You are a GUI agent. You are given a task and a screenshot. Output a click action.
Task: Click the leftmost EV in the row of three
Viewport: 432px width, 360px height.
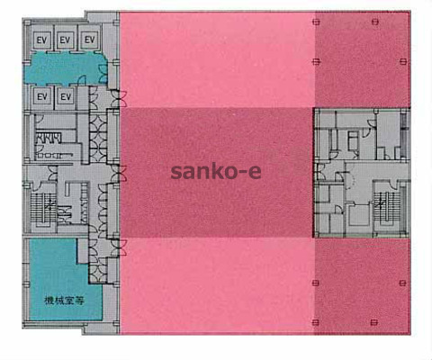pos(41,40)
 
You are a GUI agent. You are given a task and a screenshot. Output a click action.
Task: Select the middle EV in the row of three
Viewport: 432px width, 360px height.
pos(65,40)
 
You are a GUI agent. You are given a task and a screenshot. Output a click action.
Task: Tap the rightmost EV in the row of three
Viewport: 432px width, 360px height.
pos(89,40)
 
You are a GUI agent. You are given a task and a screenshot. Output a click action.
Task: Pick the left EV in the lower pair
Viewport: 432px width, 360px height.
pos(42,97)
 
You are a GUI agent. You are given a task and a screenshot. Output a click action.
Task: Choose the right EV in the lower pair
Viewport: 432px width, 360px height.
pos(66,97)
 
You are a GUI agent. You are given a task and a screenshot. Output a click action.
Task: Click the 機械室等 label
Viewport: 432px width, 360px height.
pos(64,301)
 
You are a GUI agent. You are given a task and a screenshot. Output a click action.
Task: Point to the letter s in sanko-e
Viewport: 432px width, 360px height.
pos(176,173)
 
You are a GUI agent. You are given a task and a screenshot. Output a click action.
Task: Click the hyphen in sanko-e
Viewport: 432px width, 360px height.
pos(242,173)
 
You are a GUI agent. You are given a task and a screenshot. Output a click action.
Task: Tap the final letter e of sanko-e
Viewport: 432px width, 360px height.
pos(255,173)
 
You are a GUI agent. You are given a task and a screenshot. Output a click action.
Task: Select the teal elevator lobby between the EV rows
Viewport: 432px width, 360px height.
pos(65,68)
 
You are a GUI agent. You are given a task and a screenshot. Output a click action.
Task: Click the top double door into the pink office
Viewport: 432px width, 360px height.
pos(120,99)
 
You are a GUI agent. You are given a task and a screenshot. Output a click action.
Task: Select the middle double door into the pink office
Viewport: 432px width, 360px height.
pos(120,174)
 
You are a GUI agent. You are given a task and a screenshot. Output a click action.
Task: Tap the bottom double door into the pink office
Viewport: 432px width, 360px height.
pos(120,247)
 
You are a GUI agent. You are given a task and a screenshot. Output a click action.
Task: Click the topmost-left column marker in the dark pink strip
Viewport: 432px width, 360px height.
pos(316,22)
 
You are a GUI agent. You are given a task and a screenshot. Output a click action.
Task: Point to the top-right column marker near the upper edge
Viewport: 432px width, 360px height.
pos(375,22)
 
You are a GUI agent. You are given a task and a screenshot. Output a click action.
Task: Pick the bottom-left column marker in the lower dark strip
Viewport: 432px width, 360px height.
pos(316,283)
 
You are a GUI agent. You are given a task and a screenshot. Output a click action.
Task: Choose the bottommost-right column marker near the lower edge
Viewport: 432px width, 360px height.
pos(373,323)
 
